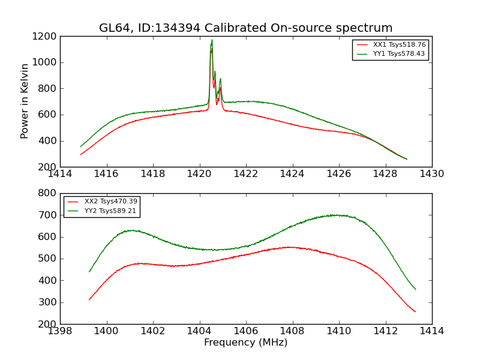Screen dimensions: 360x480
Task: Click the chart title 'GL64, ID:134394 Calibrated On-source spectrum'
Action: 245,28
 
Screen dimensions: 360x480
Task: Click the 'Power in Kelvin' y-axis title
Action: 25,101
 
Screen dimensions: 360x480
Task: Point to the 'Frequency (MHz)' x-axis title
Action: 245,343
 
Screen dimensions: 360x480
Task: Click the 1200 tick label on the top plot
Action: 46,37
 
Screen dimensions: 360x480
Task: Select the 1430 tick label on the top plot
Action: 431,174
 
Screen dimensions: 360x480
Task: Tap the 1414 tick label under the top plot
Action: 60,174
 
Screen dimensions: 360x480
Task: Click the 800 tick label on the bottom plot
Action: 49,193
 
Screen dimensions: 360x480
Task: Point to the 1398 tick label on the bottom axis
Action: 60,331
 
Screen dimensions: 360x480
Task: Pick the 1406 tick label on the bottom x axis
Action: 245,331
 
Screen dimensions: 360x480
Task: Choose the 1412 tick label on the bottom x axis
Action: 385,331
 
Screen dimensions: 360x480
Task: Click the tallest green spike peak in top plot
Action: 212,40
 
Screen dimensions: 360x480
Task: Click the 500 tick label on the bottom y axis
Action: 49,259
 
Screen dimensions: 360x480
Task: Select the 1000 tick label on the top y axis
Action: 46,62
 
